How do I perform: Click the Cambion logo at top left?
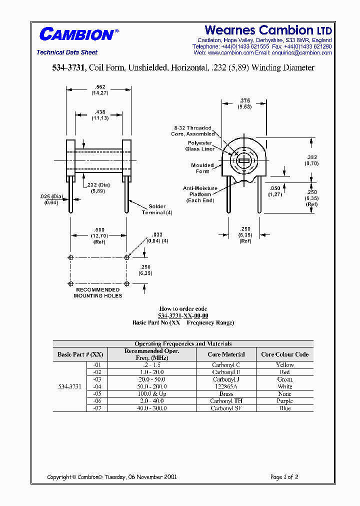(x=77, y=34)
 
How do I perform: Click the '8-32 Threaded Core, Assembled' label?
(x=192, y=131)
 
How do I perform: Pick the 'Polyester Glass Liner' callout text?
(x=200, y=146)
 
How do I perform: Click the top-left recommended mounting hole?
(x=71, y=257)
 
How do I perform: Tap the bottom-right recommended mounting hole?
(x=126, y=284)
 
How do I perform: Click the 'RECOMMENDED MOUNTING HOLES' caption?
(x=97, y=292)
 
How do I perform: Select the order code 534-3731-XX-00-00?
(x=183, y=315)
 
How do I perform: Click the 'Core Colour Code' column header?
(x=284, y=354)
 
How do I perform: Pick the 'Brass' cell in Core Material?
(x=226, y=394)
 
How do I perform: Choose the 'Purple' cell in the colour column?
(x=284, y=401)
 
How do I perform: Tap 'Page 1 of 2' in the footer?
(x=284, y=477)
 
